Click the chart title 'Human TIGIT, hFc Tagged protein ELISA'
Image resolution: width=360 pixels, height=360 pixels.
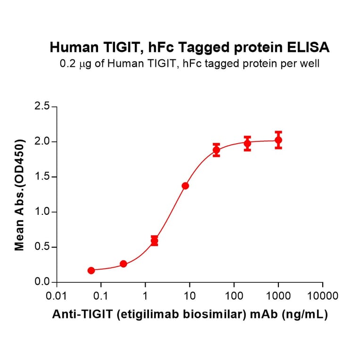[189, 48]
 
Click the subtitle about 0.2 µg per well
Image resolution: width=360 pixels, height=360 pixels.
[189, 64]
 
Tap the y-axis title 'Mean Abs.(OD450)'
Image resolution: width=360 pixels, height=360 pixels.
[20, 195]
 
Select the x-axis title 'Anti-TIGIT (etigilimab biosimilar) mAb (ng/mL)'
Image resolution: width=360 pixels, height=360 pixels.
[189, 315]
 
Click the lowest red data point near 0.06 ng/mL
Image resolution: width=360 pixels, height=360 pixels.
[91, 270]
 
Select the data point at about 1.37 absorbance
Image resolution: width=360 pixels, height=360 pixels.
[185, 186]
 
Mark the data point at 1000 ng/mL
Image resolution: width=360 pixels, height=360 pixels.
[278, 140]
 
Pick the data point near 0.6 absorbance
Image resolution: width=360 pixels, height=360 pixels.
[155, 241]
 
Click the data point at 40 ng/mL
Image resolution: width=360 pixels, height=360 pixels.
[216, 150]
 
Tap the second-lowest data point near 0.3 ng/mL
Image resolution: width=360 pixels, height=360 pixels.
[123, 264]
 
